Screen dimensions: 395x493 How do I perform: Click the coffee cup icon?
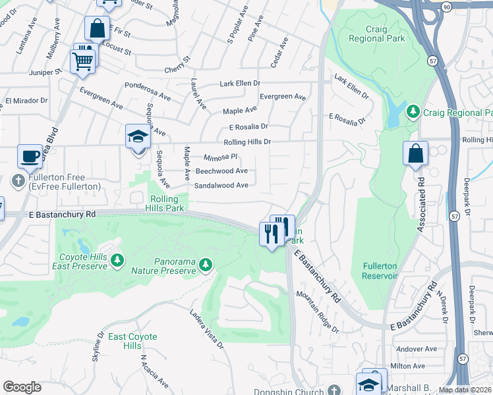(x=29, y=156)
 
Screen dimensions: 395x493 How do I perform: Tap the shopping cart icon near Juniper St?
(x=83, y=60)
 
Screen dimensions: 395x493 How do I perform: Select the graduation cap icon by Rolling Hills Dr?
(x=138, y=136)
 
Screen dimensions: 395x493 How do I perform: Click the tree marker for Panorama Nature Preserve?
(x=206, y=265)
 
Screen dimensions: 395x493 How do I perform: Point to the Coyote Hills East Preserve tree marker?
(x=117, y=261)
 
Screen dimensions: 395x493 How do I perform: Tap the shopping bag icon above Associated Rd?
(x=415, y=154)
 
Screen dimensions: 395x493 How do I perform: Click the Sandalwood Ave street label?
(x=221, y=186)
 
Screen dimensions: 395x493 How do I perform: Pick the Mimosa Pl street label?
(x=220, y=157)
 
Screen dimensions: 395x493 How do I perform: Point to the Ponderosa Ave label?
(x=148, y=92)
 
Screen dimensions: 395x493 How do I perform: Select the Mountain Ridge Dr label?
(x=317, y=312)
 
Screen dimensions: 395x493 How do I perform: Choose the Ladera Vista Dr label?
(x=207, y=329)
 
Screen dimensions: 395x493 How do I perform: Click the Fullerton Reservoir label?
(x=380, y=271)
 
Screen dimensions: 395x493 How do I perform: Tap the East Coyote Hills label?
(x=132, y=341)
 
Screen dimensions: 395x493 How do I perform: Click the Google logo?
(x=22, y=387)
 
